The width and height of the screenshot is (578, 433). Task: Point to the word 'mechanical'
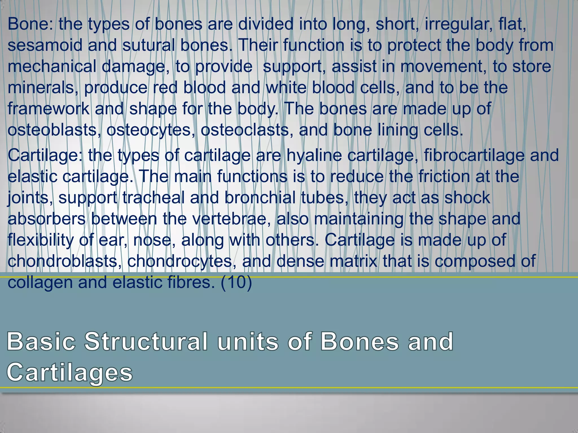[x=52, y=67]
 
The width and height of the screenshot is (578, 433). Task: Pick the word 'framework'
[x=48, y=109]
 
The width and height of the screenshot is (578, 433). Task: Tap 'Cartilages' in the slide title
[x=69, y=373]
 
